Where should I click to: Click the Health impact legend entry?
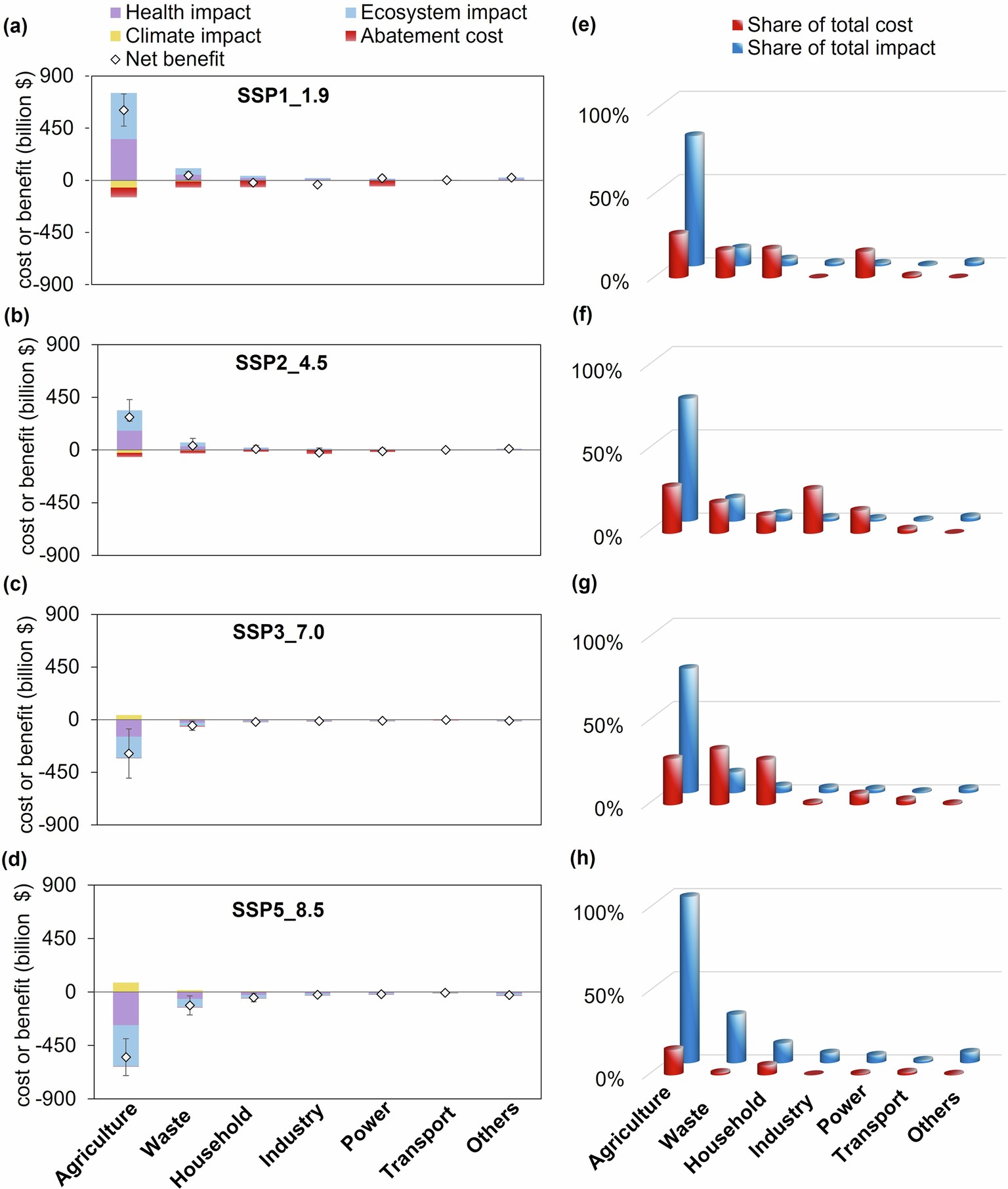[x=180, y=12]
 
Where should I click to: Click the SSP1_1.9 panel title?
[x=283, y=96]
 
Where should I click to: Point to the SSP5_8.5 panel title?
[x=278, y=910]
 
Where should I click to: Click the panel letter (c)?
[x=15, y=584]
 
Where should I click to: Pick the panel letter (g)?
[x=583, y=584]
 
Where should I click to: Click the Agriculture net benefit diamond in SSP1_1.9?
[x=123, y=110]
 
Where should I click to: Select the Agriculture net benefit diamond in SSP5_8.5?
[x=126, y=1057]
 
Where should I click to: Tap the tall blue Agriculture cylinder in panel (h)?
[x=689, y=978]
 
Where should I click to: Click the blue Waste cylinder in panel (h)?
[x=736, y=1037]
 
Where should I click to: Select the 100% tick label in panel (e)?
[x=603, y=116]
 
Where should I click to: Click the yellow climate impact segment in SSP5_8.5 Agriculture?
[x=126, y=987]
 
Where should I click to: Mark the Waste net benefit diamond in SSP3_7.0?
[x=192, y=726]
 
